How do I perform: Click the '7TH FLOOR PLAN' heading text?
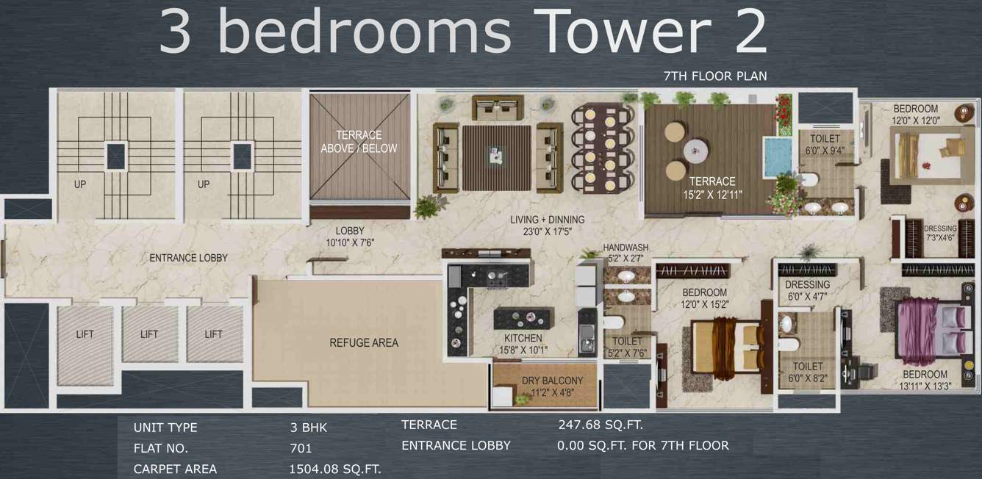click(x=715, y=76)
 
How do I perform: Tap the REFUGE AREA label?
click(x=364, y=342)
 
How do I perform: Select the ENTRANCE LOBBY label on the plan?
click(x=188, y=258)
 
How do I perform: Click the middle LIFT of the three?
click(x=149, y=334)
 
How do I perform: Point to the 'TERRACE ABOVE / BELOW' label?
click(x=359, y=142)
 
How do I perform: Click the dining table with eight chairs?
click(x=602, y=147)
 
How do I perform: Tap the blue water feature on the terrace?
click(x=777, y=156)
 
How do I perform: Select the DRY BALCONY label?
click(x=552, y=381)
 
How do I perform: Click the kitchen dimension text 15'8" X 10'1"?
click(x=523, y=350)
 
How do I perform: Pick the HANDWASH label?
click(x=626, y=248)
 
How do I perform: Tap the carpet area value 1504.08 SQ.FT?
click(x=335, y=469)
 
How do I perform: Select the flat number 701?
click(x=301, y=448)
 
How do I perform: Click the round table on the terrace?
click(x=695, y=151)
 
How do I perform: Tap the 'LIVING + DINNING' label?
click(x=548, y=220)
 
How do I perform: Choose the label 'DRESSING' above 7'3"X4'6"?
click(x=940, y=228)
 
